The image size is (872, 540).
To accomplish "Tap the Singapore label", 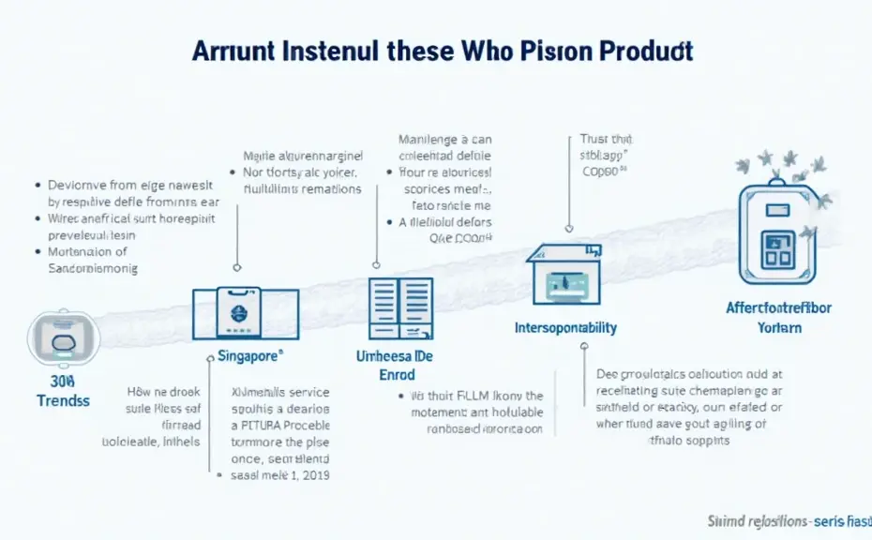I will coord(245,357).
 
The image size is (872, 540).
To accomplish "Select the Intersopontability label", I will coord(565,327).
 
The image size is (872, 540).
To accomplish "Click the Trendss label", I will coord(63,400).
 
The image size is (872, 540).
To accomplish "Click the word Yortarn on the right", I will coord(779,327).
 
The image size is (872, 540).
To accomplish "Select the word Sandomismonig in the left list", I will coord(92,268).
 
